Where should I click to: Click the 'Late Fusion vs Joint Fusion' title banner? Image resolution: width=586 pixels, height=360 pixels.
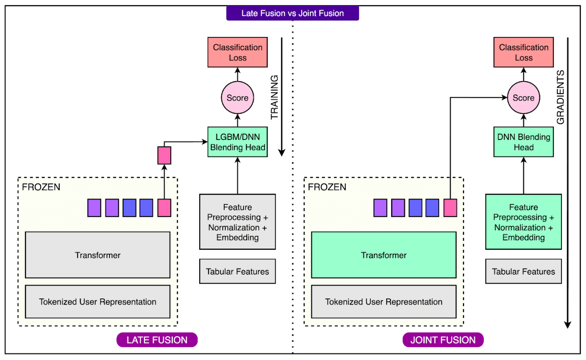coord(293,13)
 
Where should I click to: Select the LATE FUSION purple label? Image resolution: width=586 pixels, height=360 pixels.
coord(157,340)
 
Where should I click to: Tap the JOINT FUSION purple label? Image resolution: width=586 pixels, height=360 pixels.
coord(443,340)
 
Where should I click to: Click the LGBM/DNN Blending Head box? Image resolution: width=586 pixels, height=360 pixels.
coord(237,142)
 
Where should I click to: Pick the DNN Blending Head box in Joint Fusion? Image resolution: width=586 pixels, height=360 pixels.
coord(523,142)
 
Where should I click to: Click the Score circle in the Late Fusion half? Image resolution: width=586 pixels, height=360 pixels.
coord(237,98)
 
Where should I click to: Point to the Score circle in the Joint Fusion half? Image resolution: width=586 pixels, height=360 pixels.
coord(523,98)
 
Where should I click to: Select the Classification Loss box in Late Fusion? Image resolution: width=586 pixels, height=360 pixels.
coord(237,52)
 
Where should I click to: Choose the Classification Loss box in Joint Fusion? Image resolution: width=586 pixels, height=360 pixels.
coord(523,52)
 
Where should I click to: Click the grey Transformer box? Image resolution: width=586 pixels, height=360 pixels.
coord(97,255)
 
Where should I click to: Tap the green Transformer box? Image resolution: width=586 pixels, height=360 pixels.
coord(384,255)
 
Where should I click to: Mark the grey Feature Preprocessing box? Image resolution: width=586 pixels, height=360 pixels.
coord(237,222)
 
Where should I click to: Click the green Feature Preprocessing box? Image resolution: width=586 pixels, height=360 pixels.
coord(523,222)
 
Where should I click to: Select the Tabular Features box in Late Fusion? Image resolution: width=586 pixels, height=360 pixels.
coord(237,272)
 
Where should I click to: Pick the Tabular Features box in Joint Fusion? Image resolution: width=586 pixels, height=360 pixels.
coord(523,272)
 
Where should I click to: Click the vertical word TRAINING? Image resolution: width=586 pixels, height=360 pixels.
coord(274,97)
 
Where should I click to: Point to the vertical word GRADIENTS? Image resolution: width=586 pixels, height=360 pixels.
coord(560,97)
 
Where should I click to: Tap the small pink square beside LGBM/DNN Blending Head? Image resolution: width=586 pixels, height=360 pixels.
coord(164,155)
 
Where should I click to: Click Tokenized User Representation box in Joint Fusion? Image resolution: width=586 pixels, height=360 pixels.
coord(384,302)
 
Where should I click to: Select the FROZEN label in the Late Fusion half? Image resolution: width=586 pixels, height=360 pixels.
coord(41,187)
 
